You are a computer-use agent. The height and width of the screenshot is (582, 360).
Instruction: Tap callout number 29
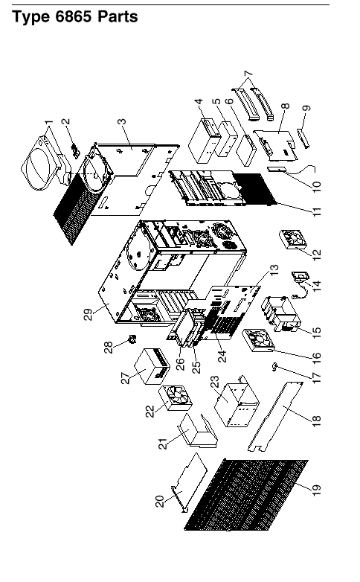pos(89,314)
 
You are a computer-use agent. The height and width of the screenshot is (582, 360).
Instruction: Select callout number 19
pos(316,490)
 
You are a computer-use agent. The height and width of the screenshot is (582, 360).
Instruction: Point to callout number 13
pos(274,270)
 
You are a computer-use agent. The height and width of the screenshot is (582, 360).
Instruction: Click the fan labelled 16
pos(259,340)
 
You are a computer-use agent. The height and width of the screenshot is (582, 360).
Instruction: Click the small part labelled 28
pos(132,339)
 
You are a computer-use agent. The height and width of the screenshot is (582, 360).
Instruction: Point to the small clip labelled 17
pos(274,368)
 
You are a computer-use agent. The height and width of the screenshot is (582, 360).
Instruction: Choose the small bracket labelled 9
pos(303,138)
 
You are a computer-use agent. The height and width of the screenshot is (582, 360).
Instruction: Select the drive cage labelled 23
pos(237,403)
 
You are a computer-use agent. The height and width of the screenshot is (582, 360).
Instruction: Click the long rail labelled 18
pos(275,416)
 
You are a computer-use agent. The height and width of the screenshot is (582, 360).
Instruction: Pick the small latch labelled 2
pos(76,150)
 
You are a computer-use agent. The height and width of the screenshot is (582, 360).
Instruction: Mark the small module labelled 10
pos(276,170)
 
